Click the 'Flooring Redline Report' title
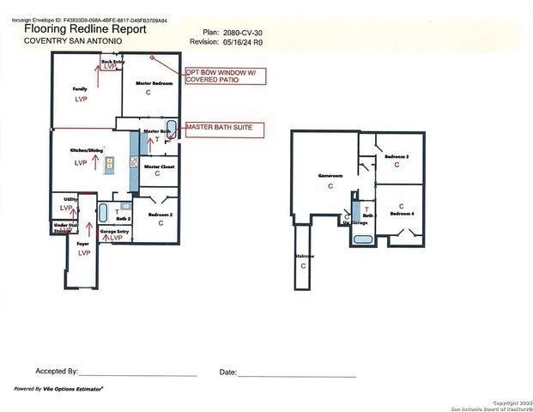pyautogui.click(x=85, y=28)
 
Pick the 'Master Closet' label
pyautogui.click(x=159, y=166)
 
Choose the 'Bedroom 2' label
pyautogui.click(x=161, y=214)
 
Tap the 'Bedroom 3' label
pyautogui.click(x=396, y=157)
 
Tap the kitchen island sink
pyautogui.click(x=110, y=163)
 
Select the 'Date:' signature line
pyautogui.click(x=296, y=375)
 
